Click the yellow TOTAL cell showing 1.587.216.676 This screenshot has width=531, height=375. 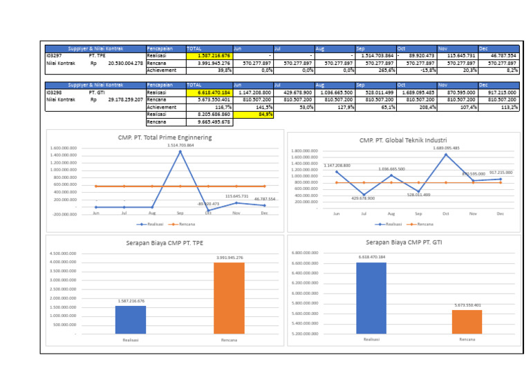click(x=209, y=56)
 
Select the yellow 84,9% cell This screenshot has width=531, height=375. click(x=253, y=115)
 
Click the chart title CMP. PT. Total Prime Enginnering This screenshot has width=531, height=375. click(x=165, y=137)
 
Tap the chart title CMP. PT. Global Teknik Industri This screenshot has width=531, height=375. click(x=402, y=140)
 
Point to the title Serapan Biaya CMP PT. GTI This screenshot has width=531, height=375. click(x=402, y=242)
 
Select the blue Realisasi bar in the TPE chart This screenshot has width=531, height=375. click(x=131, y=320)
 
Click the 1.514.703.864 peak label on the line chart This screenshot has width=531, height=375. click(x=180, y=145)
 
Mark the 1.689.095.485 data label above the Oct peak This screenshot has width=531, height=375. click(x=446, y=148)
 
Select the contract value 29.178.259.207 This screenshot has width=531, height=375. click(x=125, y=99)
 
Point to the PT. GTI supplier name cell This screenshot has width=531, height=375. click(x=97, y=93)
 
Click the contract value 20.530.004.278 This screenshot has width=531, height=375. click(x=125, y=63)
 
